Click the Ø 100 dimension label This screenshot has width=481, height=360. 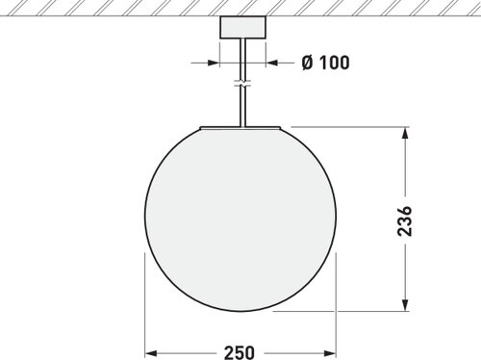pos(325,63)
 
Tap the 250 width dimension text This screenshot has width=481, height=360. pos(240,352)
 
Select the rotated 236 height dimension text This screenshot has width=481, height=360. pos(404,221)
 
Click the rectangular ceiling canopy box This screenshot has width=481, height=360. pos(242,27)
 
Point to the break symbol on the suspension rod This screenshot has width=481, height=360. pos(242,84)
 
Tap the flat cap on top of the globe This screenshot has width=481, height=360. pos(240,128)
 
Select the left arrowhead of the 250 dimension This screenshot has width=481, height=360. pos(151,353)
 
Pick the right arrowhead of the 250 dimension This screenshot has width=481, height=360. pos(330,353)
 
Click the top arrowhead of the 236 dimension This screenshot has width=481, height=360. pos(405,133)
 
